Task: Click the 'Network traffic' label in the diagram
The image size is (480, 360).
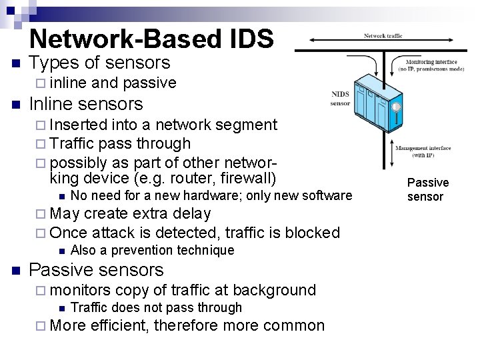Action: coord(383,36)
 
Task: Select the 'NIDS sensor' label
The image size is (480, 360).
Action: coord(340,99)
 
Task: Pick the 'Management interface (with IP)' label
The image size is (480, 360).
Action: coord(423,151)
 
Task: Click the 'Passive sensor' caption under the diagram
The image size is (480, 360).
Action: coord(428,189)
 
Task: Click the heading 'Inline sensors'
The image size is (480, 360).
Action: coord(86,104)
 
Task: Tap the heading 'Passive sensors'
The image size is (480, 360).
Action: coord(97,270)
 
